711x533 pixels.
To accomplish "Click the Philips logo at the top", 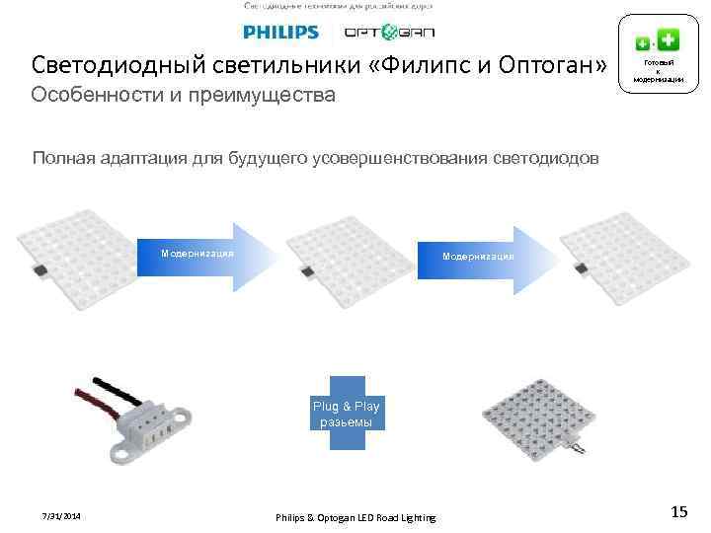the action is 281,33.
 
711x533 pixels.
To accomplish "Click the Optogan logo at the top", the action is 388,33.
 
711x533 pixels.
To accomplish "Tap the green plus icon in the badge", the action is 669,40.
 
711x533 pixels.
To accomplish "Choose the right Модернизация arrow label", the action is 478,257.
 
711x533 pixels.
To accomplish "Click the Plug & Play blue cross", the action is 346,414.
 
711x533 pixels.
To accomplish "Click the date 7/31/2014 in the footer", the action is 61,517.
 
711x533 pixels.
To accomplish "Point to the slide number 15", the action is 678,512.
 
